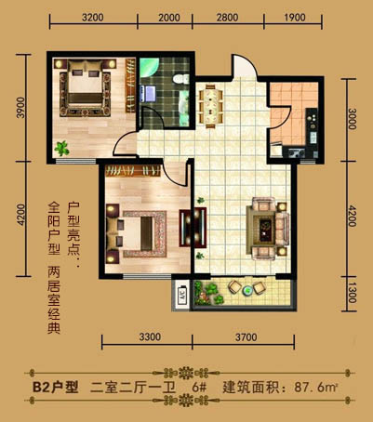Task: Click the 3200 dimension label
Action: click(92, 18)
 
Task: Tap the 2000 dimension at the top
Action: click(169, 18)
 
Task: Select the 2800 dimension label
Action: click(227, 18)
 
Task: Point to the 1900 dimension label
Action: click(295, 18)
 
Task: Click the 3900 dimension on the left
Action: click(21, 108)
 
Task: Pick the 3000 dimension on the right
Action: click(352, 119)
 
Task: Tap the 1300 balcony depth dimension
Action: click(352, 294)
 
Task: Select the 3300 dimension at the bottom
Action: click(150, 336)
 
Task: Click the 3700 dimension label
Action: click(246, 336)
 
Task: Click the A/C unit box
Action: click(181, 295)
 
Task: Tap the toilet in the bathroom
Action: click(181, 79)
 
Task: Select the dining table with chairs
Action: click(210, 106)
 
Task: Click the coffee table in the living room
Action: click(265, 231)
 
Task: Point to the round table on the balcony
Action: click(247, 290)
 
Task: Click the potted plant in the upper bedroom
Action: click(61, 149)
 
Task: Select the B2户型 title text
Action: click(56, 388)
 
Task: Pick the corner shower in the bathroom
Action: click(149, 69)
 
